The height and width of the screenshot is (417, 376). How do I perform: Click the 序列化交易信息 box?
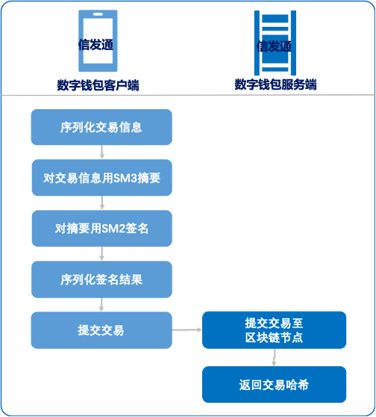coord(101,127)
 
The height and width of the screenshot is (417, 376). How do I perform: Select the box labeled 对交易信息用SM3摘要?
coord(102,178)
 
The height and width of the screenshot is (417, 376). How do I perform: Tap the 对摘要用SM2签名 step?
coord(102,229)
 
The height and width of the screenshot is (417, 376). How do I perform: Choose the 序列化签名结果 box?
coord(101,279)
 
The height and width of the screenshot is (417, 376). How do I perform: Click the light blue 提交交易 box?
coord(101,330)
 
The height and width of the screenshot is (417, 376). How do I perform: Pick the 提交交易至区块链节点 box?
coord(275,330)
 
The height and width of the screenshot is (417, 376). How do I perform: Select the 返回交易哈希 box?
coord(275,385)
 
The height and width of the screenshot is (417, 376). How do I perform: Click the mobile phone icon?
coord(98,40)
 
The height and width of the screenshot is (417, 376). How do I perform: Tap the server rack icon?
coord(275,43)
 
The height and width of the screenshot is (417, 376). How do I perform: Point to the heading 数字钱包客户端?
coord(98,85)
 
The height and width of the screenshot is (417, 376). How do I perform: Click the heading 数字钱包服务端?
coord(275,84)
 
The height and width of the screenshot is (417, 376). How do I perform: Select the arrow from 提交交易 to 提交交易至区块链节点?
coord(187,330)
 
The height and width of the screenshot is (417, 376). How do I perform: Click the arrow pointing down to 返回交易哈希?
coord(274,357)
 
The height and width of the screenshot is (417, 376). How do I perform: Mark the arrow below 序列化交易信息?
coord(102,152)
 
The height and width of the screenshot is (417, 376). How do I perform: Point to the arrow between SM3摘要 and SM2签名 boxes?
coord(102,203)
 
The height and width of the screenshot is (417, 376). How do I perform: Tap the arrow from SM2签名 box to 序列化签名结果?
coord(101,253)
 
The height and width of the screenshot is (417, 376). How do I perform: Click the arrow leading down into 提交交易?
coord(101,305)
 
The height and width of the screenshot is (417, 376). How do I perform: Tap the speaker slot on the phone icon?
coord(98,14)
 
